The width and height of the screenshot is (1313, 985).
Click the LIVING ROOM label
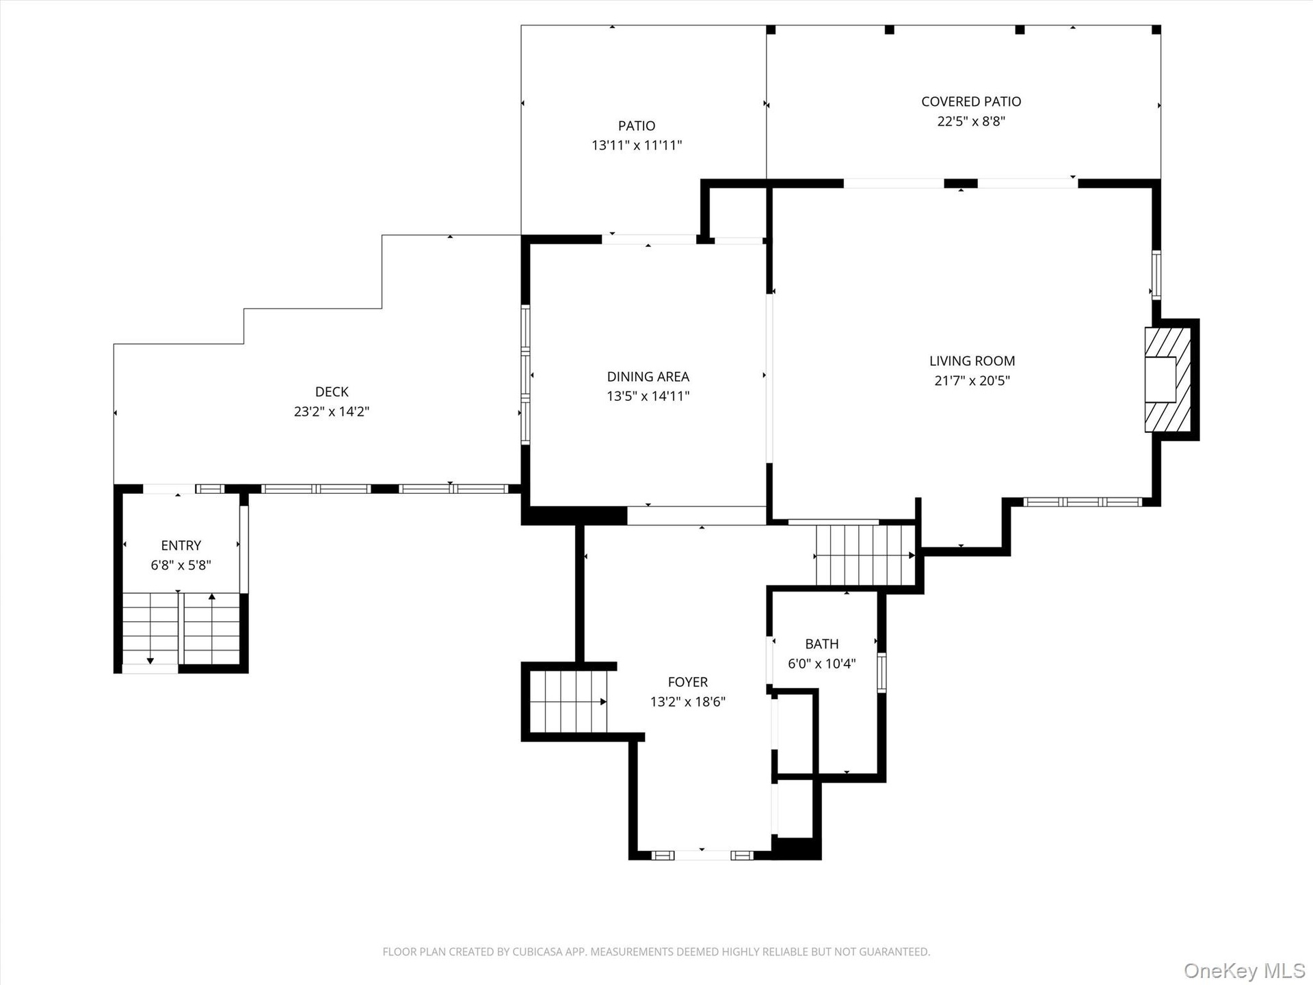point(972,361)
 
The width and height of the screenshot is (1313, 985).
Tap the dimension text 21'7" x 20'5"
point(972,380)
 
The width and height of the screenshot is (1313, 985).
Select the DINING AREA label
point(648,377)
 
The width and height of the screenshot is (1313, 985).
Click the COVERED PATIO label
point(971,102)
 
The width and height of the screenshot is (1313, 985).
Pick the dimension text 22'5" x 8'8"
point(971,121)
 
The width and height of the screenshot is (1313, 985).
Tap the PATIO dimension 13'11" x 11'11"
point(637,145)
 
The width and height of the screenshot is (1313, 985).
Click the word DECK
point(332,392)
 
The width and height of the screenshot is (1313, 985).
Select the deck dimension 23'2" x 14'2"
point(332,411)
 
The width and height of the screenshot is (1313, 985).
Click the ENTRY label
point(181,546)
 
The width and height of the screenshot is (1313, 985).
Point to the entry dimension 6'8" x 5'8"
point(181,565)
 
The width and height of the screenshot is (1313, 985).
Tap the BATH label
point(821,644)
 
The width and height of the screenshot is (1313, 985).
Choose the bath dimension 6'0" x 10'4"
point(821,664)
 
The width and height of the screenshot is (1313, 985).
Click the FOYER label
point(688,682)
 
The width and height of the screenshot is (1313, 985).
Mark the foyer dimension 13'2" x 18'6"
point(688,701)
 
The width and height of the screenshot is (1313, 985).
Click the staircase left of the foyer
point(568,702)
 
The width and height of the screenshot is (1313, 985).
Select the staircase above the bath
point(865,555)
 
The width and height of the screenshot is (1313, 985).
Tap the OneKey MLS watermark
point(1245,971)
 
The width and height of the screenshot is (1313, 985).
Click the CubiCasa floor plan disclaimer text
point(656,951)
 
